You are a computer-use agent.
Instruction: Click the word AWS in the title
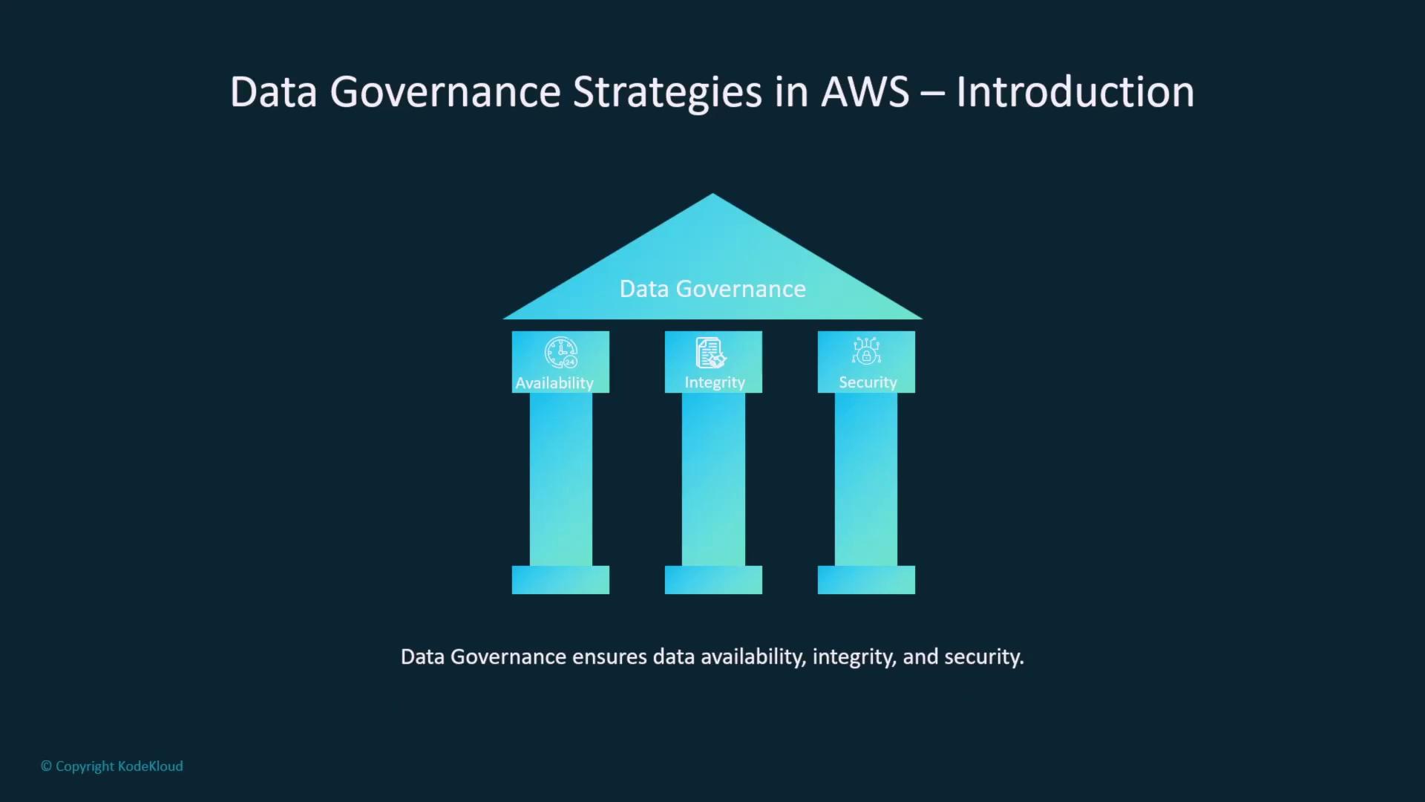[865, 92]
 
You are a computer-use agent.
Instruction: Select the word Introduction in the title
[1075, 92]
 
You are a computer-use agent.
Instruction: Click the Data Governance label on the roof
[712, 289]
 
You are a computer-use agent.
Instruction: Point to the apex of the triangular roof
[712, 194]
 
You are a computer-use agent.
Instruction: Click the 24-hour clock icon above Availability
[561, 353]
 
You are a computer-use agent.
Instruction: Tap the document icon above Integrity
[710, 353]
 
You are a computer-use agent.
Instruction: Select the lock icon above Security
[866, 351]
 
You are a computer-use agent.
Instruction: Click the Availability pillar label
[554, 383]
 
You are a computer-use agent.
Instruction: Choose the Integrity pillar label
[715, 382]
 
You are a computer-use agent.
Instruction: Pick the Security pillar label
[868, 382]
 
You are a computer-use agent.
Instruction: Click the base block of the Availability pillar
[560, 580]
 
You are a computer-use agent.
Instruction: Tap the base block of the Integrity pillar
[713, 580]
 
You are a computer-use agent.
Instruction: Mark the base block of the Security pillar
[866, 580]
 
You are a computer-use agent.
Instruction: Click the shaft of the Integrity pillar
[713, 479]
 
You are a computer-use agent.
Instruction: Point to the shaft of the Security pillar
[866, 479]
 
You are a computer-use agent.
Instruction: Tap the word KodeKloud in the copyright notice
[151, 766]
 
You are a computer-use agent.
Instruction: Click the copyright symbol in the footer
[46, 766]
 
